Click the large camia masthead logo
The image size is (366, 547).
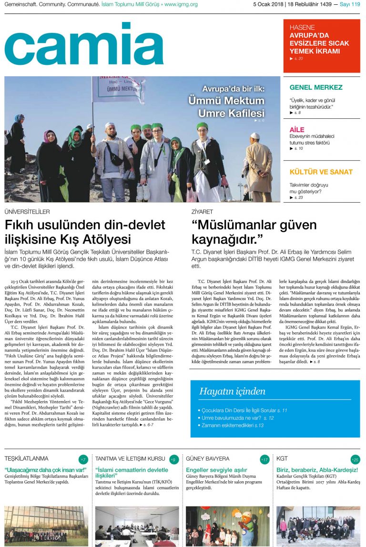coord(84,44)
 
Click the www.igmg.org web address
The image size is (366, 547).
coord(181,4)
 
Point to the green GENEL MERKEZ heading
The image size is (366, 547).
coord(316,87)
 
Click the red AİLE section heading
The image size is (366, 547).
coord(297,130)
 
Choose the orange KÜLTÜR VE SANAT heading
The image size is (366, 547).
coord(321,172)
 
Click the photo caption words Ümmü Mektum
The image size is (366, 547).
coord(226,101)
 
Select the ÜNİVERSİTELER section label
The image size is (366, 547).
coord(27,211)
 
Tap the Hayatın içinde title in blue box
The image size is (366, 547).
coord(232,392)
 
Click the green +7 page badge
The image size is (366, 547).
coord(83,459)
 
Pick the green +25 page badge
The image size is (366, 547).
coord(355,459)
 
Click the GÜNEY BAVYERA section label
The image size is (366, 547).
coord(207,459)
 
